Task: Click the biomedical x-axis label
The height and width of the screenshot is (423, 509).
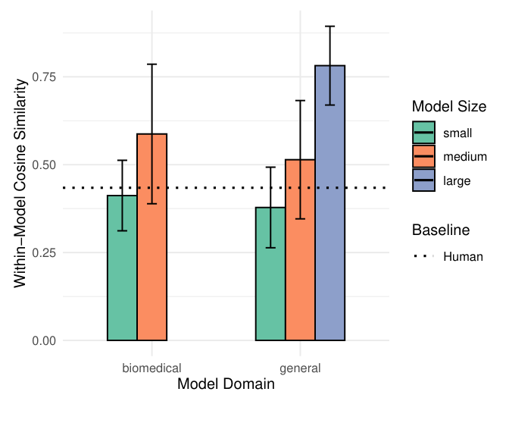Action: click(x=151, y=369)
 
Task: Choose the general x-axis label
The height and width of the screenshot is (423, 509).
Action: click(x=300, y=369)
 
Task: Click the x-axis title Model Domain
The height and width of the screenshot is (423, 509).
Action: click(x=226, y=385)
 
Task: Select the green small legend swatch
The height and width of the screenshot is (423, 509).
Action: click(x=424, y=133)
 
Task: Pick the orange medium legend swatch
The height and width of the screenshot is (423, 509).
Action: click(x=424, y=156)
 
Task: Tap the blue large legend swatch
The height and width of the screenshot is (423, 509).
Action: click(x=424, y=180)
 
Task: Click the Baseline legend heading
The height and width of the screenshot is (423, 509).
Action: click(x=441, y=230)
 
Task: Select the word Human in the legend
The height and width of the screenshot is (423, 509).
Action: click(x=463, y=256)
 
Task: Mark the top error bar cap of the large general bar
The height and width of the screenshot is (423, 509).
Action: click(x=329, y=27)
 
